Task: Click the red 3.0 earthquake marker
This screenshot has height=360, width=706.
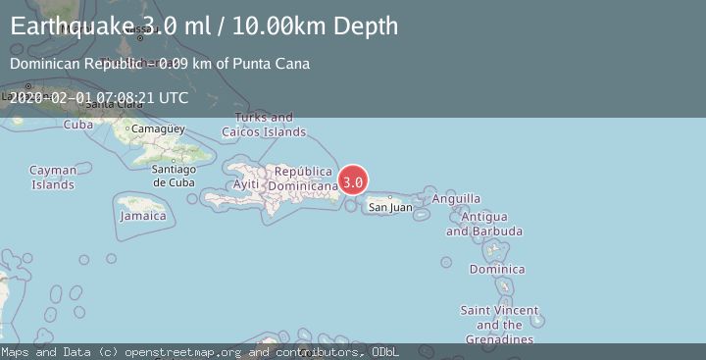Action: pos(354,181)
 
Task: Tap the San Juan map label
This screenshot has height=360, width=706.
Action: pos(390,207)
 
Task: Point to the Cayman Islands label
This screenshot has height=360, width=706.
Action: pos(52,177)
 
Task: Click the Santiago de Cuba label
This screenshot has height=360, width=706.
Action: pos(174,176)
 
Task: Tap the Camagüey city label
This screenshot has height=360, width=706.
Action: pos(158,129)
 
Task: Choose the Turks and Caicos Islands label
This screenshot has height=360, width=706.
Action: pos(263,125)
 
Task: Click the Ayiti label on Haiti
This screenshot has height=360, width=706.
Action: pos(246,184)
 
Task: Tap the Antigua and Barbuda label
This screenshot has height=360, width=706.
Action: pos(483,224)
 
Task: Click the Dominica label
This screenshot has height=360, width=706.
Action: pos(490,269)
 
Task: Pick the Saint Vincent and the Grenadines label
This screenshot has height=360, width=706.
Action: pos(500,325)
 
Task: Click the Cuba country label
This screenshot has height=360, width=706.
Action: pos(77,125)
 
